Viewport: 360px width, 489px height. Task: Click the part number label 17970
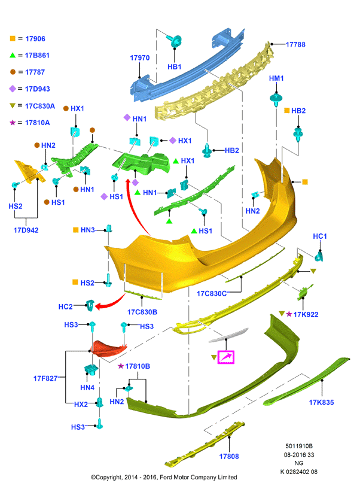coord(140,57)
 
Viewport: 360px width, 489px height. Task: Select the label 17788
coord(295,44)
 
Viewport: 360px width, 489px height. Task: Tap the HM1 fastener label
coord(276,78)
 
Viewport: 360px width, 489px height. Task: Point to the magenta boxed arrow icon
coord(225,357)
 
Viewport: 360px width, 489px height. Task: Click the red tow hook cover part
coord(108,349)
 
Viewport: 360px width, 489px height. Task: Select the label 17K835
coord(321,402)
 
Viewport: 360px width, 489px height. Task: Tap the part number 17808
coord(229,456)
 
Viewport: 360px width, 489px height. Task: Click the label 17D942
coord(26,230)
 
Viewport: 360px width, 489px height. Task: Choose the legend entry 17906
coord(35,39)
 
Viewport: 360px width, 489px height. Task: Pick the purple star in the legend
coord(13,123)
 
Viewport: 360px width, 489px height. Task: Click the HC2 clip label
coord(65,306)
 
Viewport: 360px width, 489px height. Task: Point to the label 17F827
coord(45,378)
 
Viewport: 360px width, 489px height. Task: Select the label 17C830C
coord(212,293)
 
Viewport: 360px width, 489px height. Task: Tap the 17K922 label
coord(306,314)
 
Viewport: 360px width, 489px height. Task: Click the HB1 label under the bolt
coord(174,67)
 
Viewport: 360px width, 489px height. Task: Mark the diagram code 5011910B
coord(299,446)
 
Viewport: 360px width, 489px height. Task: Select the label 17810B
coord(138,366)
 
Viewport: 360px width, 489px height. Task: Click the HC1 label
coord(320,236)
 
